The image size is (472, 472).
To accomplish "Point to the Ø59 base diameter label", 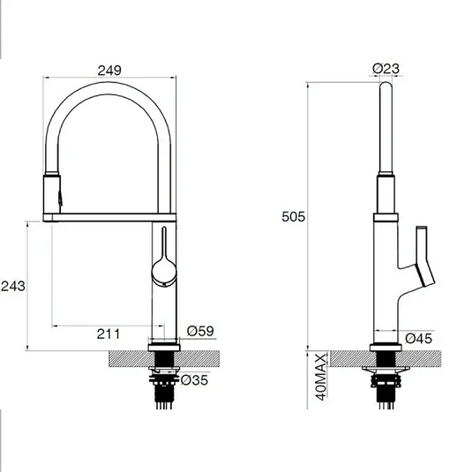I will tap(199, 332).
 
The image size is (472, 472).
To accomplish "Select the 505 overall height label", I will tap(293, 216).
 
